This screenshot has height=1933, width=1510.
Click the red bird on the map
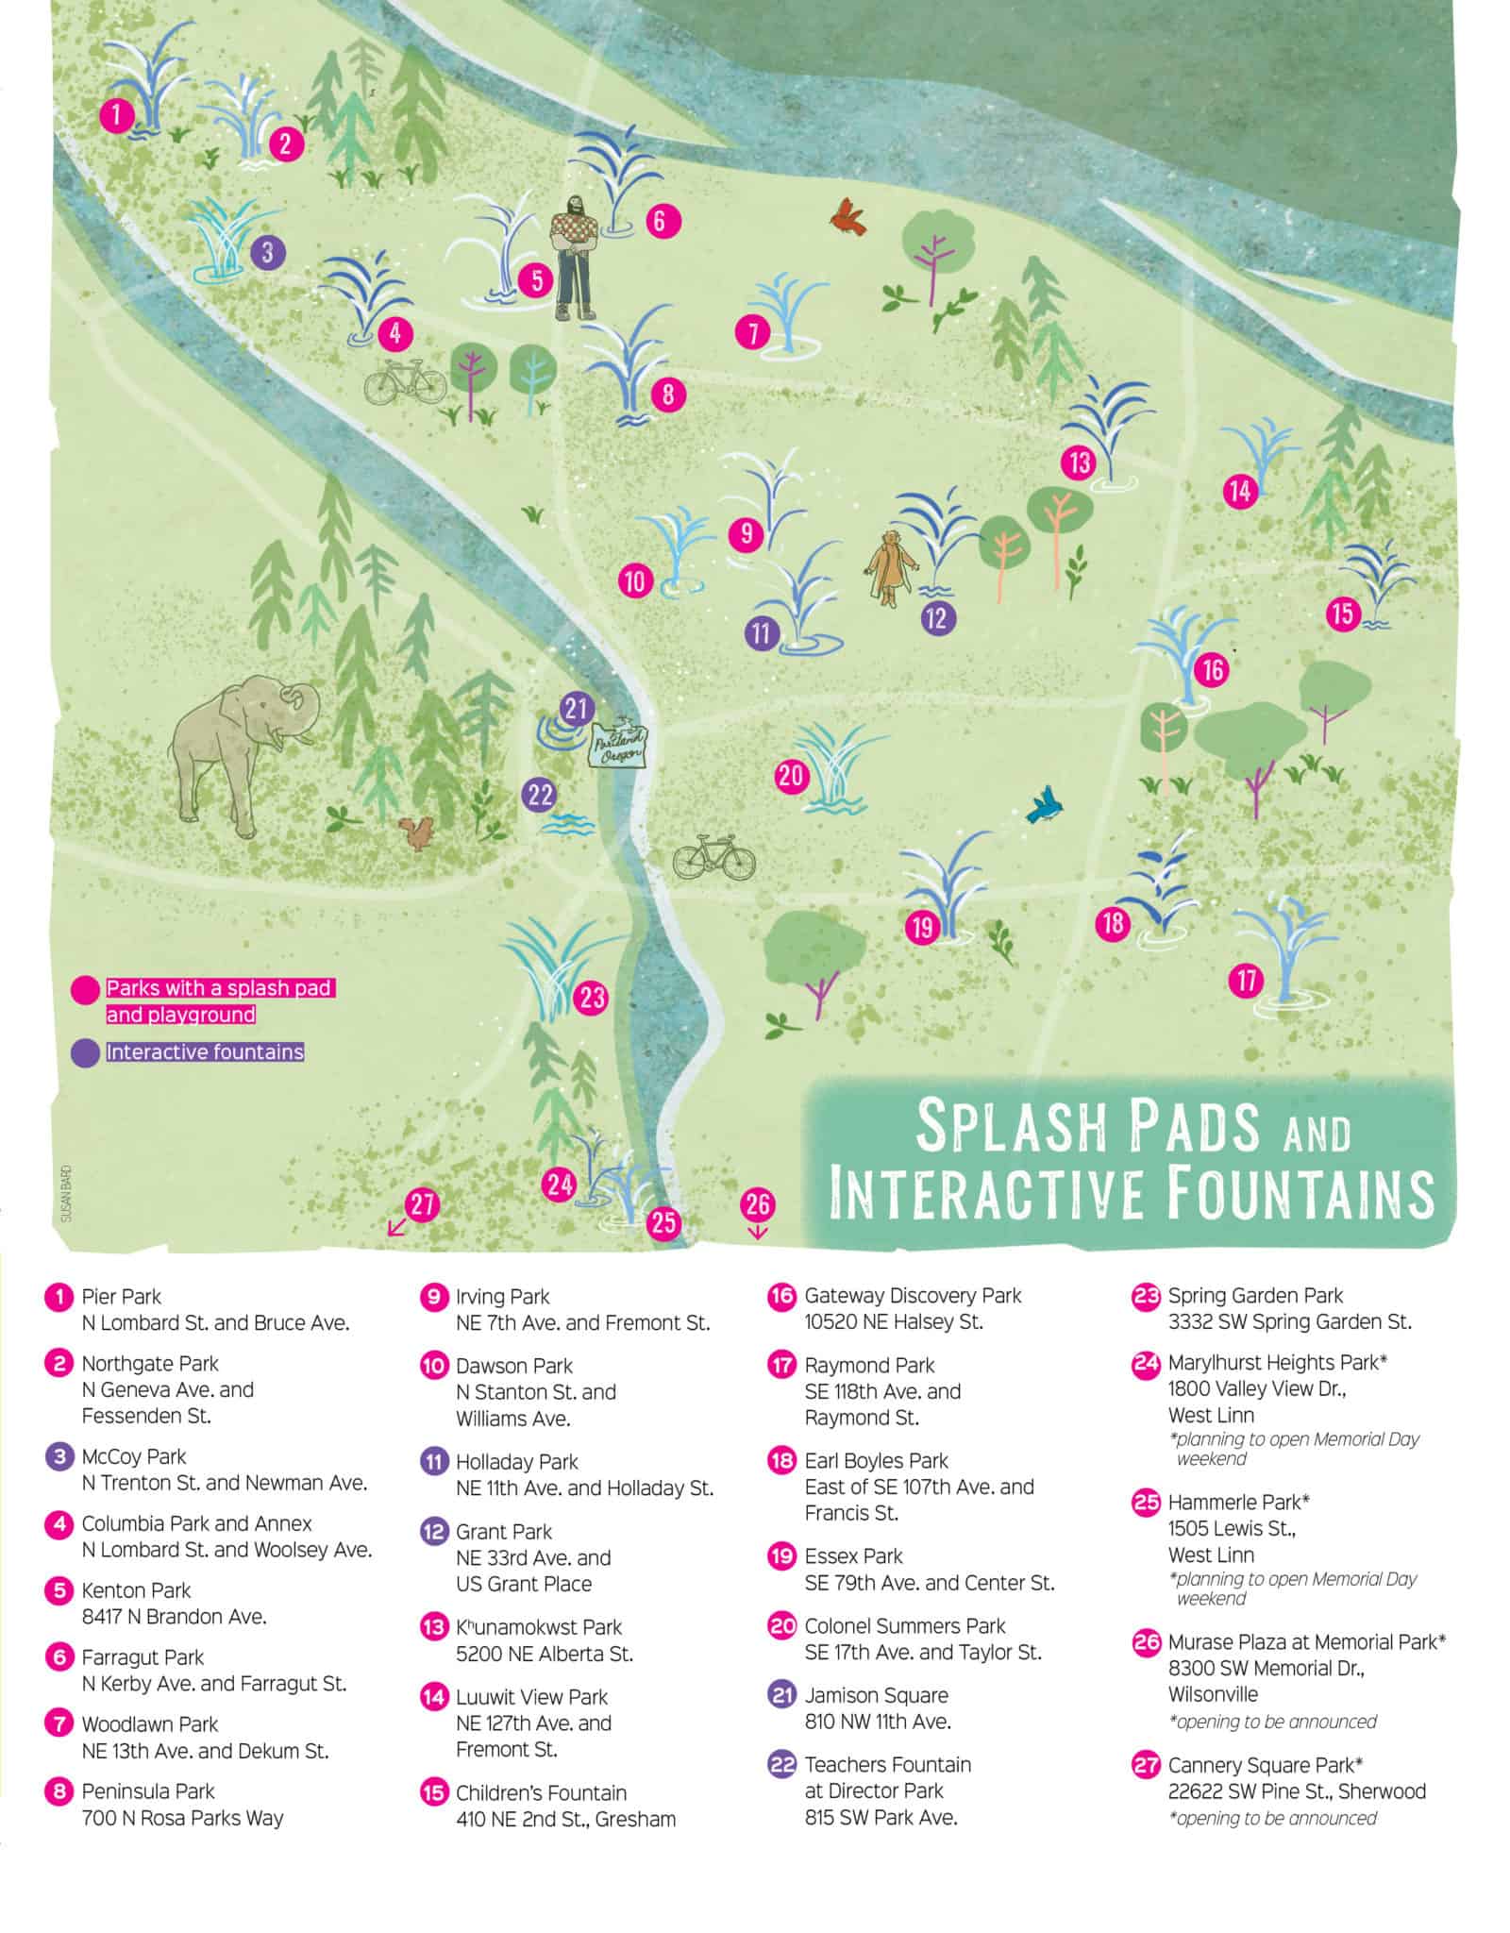[848, 216]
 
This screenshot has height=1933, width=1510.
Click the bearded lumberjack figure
[573, 255]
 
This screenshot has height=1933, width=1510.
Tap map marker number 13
[1079, 462]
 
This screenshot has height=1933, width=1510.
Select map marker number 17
[1247, 981]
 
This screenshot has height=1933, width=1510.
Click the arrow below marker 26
[757, 1233]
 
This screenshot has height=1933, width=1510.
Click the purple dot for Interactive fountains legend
[85, 1052]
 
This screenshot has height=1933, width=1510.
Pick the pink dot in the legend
[85, 990]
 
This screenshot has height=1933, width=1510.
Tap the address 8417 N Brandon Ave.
[174, 1616]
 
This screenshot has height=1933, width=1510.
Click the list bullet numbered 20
[782, 1626]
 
